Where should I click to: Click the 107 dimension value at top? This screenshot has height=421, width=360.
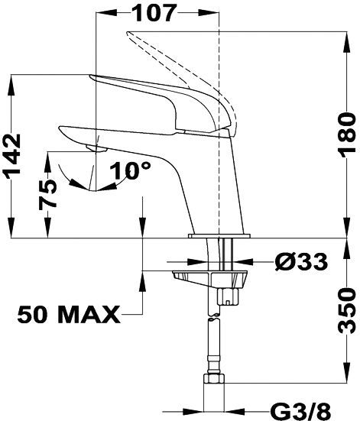pos(154,13)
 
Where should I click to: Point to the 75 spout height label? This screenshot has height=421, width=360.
pos(48,195)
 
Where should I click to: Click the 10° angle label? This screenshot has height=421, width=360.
pos(130,170)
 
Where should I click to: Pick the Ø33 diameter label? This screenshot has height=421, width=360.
pos(301,262)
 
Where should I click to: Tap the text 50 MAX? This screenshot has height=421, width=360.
pos(69,314)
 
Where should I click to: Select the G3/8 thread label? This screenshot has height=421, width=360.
pos(300,411)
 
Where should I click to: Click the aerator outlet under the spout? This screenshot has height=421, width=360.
pos(96,148)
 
